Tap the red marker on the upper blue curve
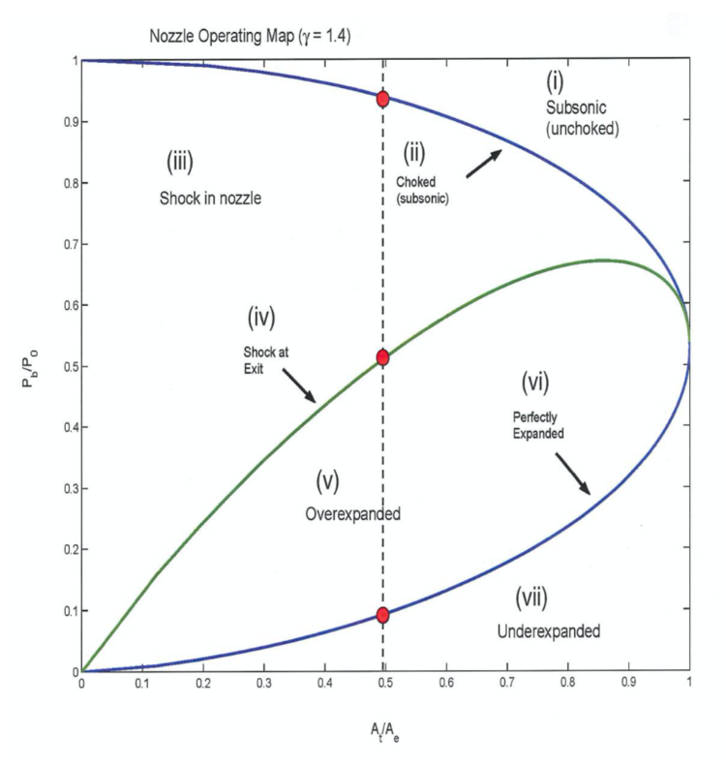pyautogui.click(x=383, y=99)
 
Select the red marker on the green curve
pyautogui.click(x=383, y=357)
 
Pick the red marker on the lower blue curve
pyautogui.click(x=383, y=615)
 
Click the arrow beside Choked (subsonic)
pyautogui.click(x=484, y=166)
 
